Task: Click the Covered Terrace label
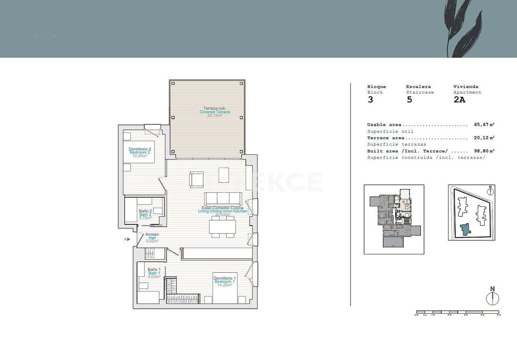coord(215,112)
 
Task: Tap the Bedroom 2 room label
coord(140,152)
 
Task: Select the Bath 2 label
coord(145,214)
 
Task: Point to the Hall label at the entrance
coord(152,238)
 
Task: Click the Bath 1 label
coord(154,273)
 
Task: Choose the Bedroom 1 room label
coord(225,281)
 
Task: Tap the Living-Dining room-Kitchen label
coord(223,211)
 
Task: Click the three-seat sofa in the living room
coord(223,198)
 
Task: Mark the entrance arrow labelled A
coord(127,239)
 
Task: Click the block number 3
coord(370,100)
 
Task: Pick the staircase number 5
coord(409,100)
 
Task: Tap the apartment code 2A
coord(459,100)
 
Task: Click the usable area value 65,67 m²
coord(484,125)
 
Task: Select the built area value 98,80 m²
coord(484,151)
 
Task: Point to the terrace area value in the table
coord(484,138)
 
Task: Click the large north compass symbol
coord(492,298)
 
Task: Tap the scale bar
coord(458,312)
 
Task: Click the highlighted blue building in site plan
coord(466,229)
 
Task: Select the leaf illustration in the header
coord(462,28)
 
